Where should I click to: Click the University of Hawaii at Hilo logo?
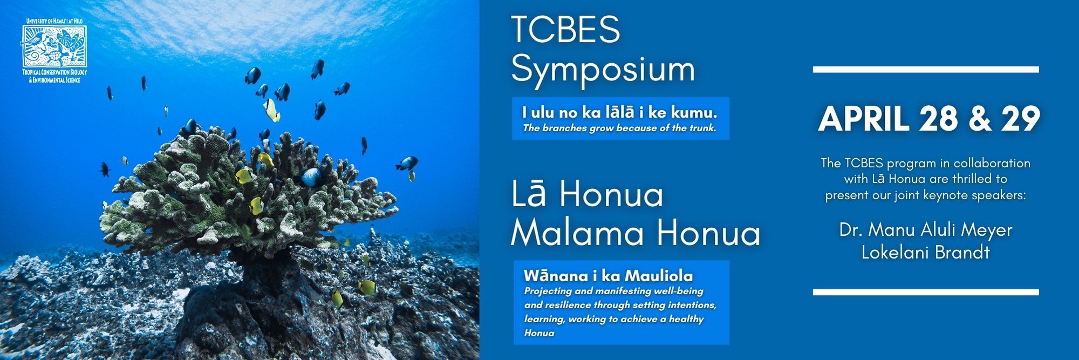point(54,51)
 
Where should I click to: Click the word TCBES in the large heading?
point(565,29)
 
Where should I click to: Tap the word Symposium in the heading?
point(603,69)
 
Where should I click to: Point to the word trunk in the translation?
point(702,128)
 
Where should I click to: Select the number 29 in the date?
point(1021,119)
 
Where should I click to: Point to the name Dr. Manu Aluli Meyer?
point(926,230)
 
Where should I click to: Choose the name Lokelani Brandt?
point(926,253)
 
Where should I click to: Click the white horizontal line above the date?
point(926,70)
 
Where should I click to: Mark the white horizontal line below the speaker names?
point(926,292)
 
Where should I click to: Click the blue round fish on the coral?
point(311,176)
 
